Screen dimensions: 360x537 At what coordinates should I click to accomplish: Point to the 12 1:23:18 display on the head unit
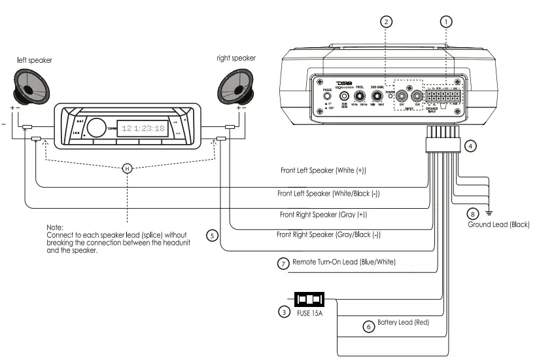click(144, 128)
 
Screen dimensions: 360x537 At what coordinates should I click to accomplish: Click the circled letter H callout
click(128, 168)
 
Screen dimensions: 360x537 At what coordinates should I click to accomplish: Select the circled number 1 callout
click(447, 22)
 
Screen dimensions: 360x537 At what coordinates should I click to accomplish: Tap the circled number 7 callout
click(283, 264)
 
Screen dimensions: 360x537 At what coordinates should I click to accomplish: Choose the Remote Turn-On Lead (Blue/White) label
click(353, 262)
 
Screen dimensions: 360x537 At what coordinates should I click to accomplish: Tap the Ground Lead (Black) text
click(498, 225)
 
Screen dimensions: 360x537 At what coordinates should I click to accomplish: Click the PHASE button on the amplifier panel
click(326, 96)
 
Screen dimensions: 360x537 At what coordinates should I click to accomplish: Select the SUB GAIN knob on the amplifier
click(376, 95)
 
